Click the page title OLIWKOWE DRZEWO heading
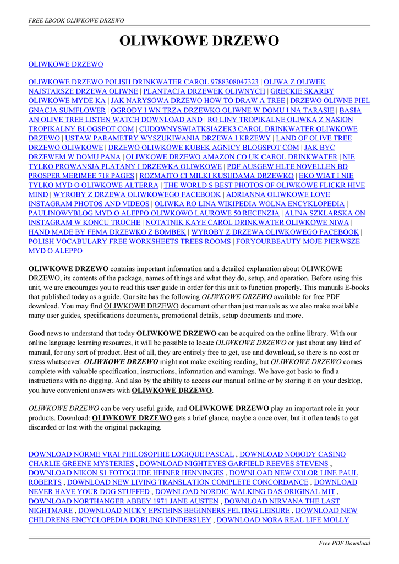(x=199, y=41)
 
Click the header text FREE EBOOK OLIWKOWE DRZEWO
(x=76, y=20)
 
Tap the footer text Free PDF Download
(x=345, y=543)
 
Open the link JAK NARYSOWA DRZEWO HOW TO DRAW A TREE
(x=198, y=101)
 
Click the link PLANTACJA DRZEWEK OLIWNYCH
(x=204, y=91)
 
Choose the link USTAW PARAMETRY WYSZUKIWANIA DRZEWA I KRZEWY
(x=167, y=138)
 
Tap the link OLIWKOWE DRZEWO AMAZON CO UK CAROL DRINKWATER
(x=231, y=157)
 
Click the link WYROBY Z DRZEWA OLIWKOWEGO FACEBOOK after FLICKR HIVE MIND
(x=137, y=194)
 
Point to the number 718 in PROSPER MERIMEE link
(x=106, y=176)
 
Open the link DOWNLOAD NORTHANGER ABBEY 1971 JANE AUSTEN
(x=123, y=501)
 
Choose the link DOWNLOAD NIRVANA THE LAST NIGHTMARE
(x=282, y=501)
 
